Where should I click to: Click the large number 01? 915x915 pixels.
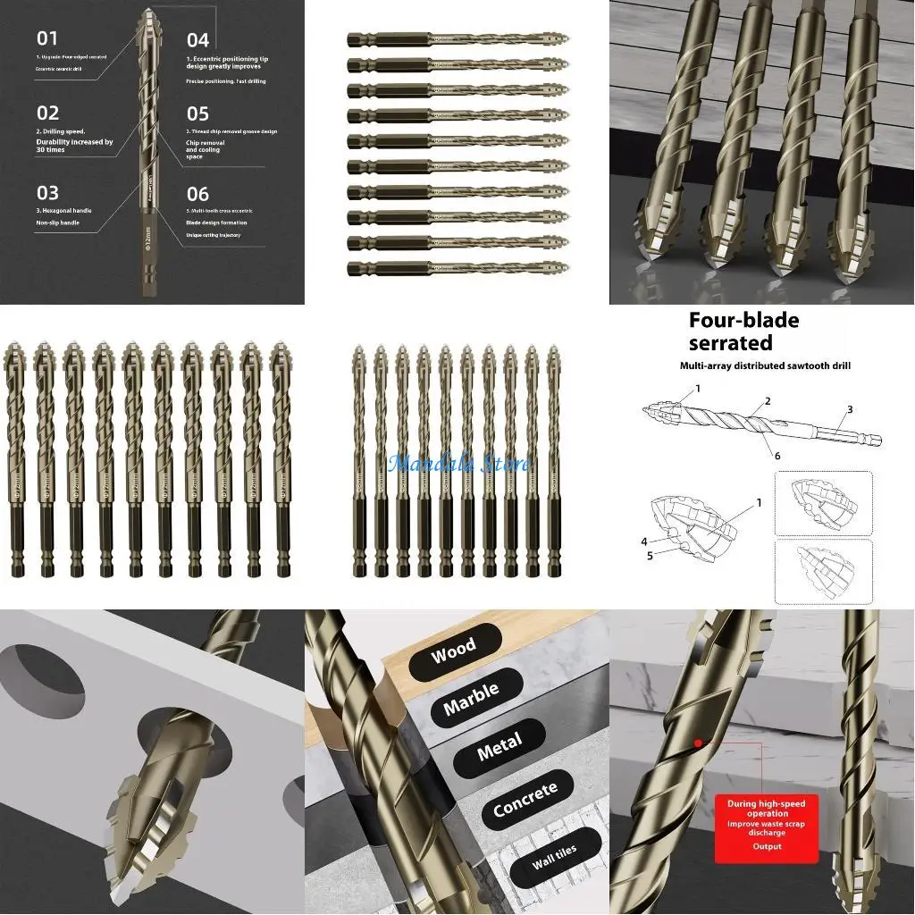[x=47, y=38]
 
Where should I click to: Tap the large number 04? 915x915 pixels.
[x=197, y=40]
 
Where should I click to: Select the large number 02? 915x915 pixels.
[x=48, y=113]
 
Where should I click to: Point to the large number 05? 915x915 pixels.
[x=197, y=114]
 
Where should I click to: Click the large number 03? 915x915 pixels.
[x=47, y=193]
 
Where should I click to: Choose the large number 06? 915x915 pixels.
[x=197, y=195]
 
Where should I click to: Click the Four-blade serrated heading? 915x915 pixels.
[x=743, y=332]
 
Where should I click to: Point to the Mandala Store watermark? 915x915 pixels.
[x=459, y=463]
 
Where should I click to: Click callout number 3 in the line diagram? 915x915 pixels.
[x=850, y=409]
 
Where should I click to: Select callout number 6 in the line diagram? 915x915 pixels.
[x=776, y=455]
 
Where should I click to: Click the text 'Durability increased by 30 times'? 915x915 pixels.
[x=75, y=146]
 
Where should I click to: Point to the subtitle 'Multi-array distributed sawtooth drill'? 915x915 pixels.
[x=764, y=366]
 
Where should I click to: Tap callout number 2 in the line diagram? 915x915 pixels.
[x=767, y=401]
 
